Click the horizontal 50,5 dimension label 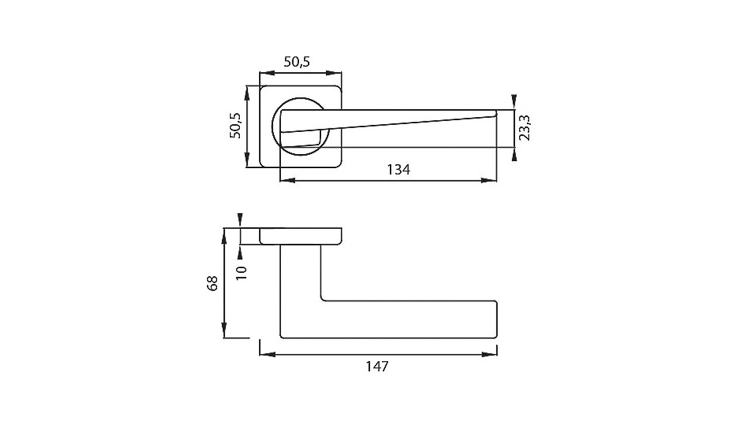click(297, 62)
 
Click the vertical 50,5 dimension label click(236, 126)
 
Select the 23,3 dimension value click(524, 127)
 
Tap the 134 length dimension click(399, 170)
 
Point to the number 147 click(378, 367)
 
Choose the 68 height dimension click(213, 284)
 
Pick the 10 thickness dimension click(241, 273)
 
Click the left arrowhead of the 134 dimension click(288, 181)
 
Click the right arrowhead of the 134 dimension click(489, 181)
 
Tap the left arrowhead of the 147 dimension click(268, 354)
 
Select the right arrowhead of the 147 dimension click(489, 354)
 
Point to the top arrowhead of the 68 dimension click(224, 236)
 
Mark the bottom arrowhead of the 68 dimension click(224, 330)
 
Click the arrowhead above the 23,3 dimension click(514, 102)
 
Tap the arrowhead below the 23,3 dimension click(514, 154)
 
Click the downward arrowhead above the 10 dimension click(240, 221)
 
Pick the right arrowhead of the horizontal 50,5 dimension click(334, 73)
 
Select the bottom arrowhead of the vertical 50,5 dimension click(247, 160)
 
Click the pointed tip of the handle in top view click(496, 113)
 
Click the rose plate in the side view click(300, 237)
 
